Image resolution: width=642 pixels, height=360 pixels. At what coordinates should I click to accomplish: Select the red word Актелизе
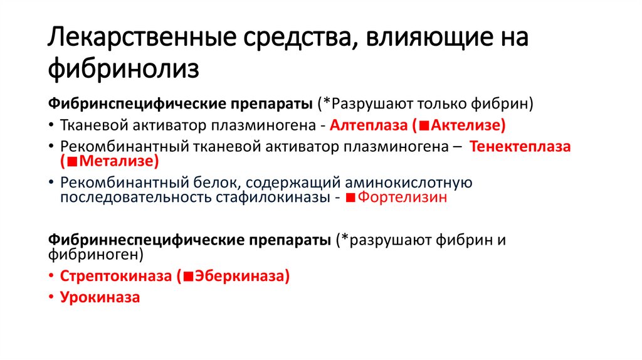(465, 125)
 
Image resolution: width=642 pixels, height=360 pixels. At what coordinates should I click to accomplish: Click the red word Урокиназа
(100, 297)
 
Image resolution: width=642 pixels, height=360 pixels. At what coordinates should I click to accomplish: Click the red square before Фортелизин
(351, 198)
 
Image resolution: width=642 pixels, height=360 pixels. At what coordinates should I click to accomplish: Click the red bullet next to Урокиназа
(51, 298)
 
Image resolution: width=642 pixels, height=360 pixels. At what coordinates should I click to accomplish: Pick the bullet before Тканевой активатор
(51, 125)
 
